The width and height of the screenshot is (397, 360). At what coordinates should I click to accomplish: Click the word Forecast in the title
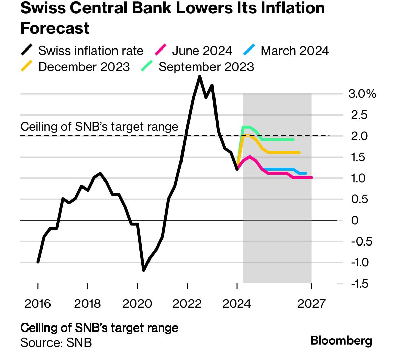click(55, 28)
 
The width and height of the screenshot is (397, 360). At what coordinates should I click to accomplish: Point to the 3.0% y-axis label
click(362, 94)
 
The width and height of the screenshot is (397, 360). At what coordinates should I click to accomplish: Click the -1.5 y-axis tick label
click(360, 284)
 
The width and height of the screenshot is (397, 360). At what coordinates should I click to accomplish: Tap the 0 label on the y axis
click(355, 220)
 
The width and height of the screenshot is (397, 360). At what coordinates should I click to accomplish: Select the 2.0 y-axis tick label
click(359, 136)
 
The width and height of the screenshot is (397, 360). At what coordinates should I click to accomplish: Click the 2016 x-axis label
click(38, 304)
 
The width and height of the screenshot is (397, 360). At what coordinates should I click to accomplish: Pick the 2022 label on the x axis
click(187, 304)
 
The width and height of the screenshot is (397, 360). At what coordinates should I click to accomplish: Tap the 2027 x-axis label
click(311, 304)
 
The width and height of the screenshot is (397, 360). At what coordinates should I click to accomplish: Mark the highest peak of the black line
click(200, 77)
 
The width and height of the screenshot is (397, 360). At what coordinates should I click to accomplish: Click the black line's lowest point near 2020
click(144, 270)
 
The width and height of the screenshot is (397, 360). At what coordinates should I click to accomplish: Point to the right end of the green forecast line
click(293, 139)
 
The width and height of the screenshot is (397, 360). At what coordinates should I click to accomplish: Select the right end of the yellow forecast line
click(299, 153)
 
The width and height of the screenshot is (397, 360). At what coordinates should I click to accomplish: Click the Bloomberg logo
click(341, 340)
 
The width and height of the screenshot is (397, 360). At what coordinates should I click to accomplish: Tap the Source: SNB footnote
click(56, 342)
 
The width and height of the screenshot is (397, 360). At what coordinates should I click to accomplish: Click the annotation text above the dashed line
click(99, 127)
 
